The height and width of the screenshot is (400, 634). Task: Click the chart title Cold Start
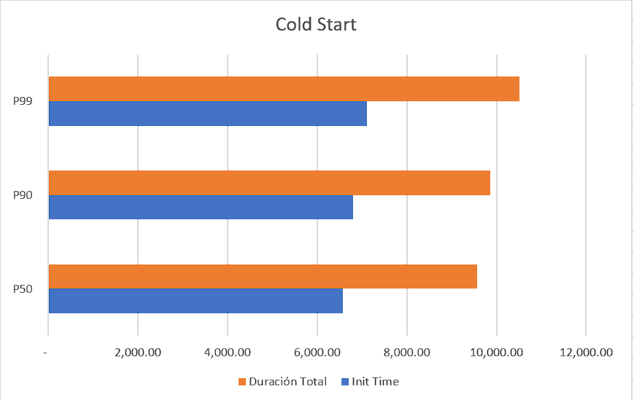[x=316, y=24]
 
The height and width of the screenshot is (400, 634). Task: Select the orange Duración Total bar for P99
[x=284, y=89]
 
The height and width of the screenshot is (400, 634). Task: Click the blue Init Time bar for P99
[x=208, y=114]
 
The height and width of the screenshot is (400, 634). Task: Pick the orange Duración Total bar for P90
[x=269, y=183]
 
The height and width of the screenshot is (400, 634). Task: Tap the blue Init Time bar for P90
[x=201, y=207]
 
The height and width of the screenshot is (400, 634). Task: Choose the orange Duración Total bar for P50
[x=263, y=277]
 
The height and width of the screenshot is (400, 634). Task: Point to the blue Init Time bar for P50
[x=196, y=301]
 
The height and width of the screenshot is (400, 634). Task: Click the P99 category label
[x=22, y=101]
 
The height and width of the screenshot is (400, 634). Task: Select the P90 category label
[x=22, y=195]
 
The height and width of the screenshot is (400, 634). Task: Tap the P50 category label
[x=22, y=289]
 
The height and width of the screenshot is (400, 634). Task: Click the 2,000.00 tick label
[x=138, y=353]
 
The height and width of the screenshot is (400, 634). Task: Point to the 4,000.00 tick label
[x=228, y=353]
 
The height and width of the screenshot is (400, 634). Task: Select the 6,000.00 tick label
[x=317, y=353]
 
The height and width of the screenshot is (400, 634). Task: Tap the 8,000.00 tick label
[x=407, y=353]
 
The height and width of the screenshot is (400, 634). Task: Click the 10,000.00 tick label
[x=497, y=353]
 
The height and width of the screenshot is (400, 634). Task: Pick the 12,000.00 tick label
[x=587, y=353]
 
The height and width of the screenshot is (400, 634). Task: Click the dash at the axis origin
[x=46, y=353]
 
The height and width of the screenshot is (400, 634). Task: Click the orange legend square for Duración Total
[x=242, y=382]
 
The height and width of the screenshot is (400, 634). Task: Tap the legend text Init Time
[x=375, y=382]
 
